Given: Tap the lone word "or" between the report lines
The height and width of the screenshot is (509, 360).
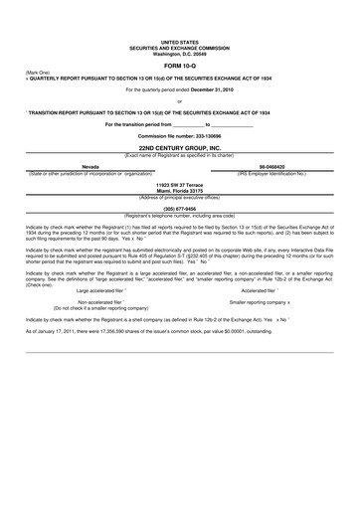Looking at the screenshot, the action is tap(179, 100).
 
